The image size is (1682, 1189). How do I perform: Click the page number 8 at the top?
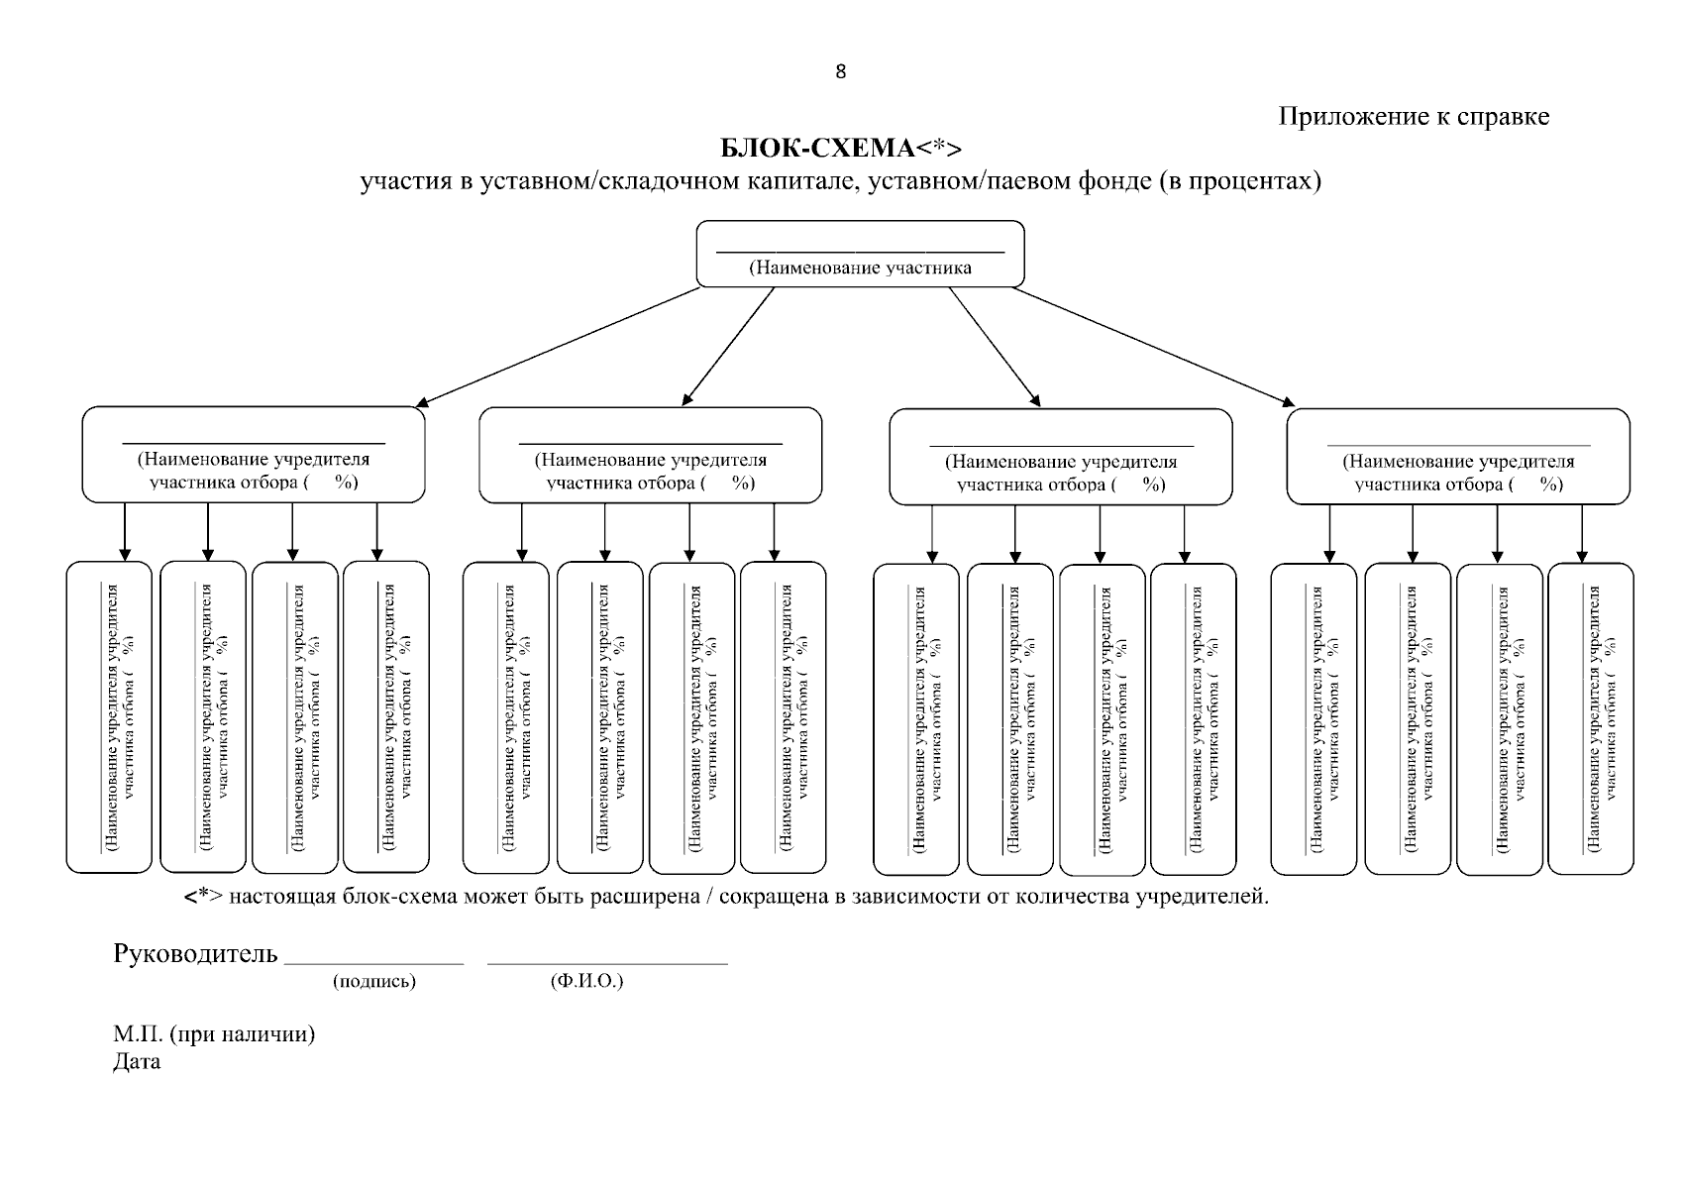[x=841, y=71]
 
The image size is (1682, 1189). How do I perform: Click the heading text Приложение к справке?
[x=1414, y=117]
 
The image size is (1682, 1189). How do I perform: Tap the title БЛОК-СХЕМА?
[x=815, y=149]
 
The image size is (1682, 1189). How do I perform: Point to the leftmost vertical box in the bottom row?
[x=109, y=717]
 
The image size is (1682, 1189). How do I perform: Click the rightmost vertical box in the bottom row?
[x=1591, y=719]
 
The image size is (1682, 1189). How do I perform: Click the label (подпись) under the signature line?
[x=374, y=982]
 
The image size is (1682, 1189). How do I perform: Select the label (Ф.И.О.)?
[x=586, y=982]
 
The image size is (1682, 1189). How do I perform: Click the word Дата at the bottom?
[x=137, y=1062]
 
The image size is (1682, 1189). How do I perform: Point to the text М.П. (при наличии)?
[x=214, y=1034]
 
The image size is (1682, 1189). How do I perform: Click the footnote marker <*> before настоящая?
[x=203, y=897]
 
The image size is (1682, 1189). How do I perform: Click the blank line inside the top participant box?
[x=859, y=252]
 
